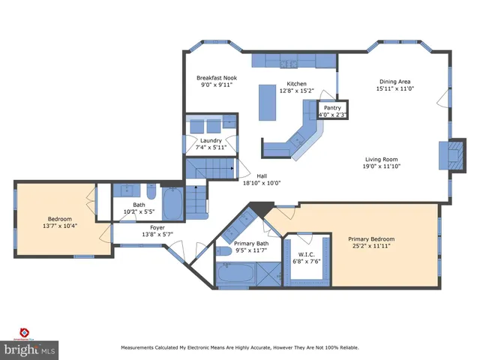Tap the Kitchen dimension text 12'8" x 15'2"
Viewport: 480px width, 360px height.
point(296,91)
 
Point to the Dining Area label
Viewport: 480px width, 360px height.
point(394,82)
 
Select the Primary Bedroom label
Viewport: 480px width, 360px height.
point(371,239)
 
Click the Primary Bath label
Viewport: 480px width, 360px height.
point(251,243)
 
